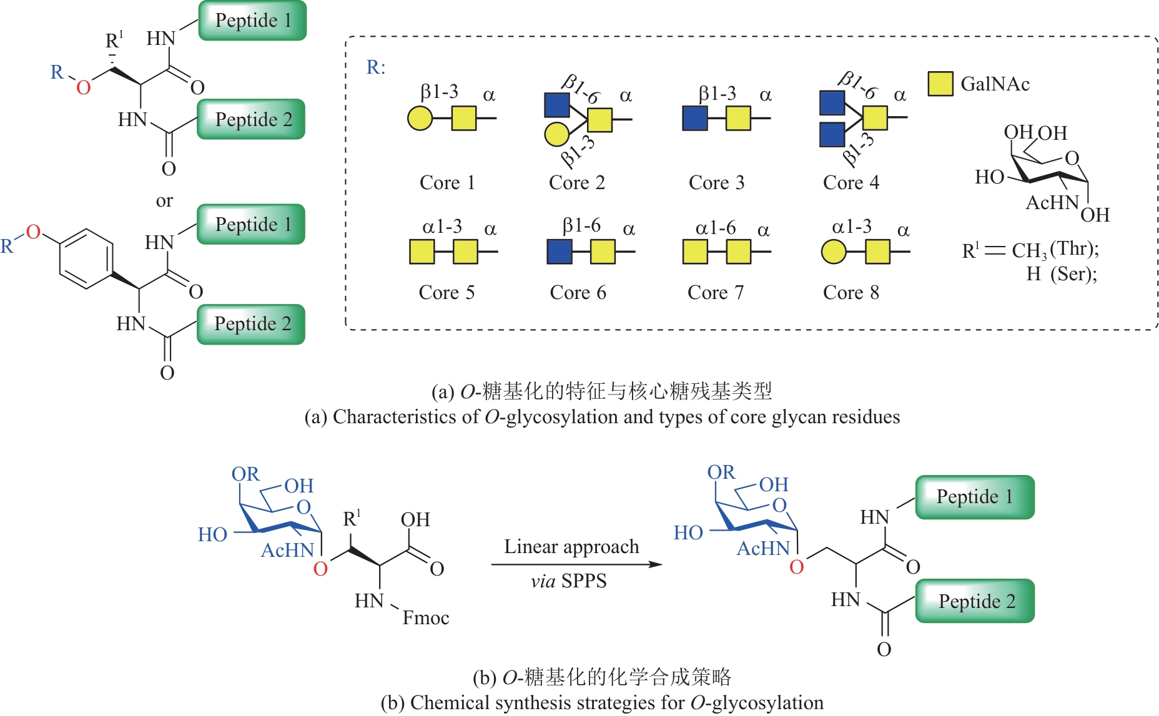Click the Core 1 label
coord(447,183)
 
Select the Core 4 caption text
coord(851,183)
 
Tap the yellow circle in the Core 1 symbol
coord(420,118)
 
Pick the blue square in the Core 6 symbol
coord(559,252)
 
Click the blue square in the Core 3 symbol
coord(695,118)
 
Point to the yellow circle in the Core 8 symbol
coord(834,252)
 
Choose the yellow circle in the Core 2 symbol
coord(556,134)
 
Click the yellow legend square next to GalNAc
coord(940,84)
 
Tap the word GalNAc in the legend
coord(995,84)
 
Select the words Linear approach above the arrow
coord(571,547)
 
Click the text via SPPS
coord(569,581)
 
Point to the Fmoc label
coord(426,618)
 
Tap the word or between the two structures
coord(164,201)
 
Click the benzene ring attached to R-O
coord(86,258)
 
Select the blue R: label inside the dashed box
coord(375,67)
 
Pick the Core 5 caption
coord(446,293)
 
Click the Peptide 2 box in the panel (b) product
coord(975,601)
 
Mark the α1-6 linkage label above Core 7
coord(716,228)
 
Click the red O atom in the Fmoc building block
coord(320,569)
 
